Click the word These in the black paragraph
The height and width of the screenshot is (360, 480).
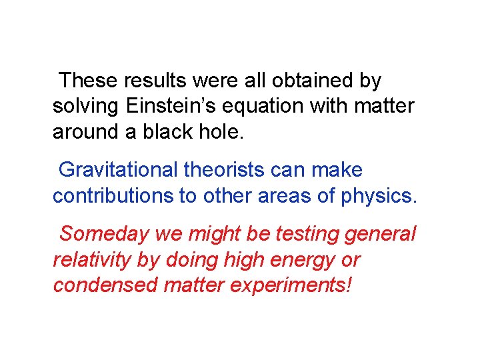(x=87, y=81)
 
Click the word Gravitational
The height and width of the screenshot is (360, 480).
(x=119, y=171)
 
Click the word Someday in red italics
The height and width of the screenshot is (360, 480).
(x=105, y=234)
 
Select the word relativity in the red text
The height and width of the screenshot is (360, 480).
(x=91, y=259)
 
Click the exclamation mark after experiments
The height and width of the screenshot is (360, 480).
(x=349, y=285)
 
